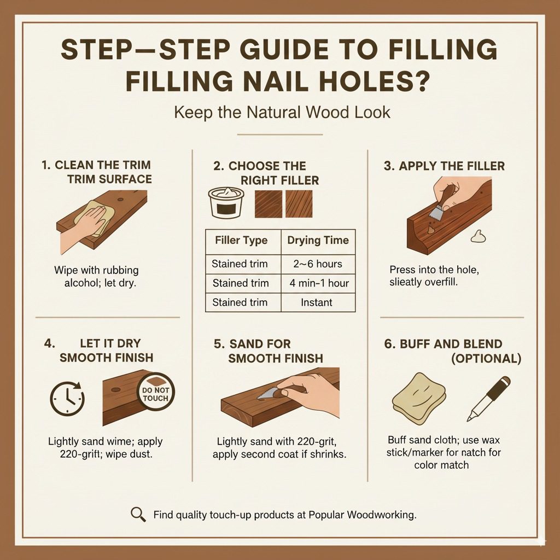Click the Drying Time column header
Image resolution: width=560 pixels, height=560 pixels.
point(318,240)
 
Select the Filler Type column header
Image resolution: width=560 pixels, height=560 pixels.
point(241,240)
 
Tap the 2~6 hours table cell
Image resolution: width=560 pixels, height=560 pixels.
point(318,264)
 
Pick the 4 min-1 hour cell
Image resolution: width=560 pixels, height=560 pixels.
point(318,283)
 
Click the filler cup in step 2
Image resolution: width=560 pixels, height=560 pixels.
point(226,203)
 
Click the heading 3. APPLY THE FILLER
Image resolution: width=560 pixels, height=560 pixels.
point(444,166)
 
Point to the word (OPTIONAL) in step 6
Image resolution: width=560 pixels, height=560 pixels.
point(485,359)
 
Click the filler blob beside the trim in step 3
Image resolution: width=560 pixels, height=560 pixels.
point(478,236)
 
